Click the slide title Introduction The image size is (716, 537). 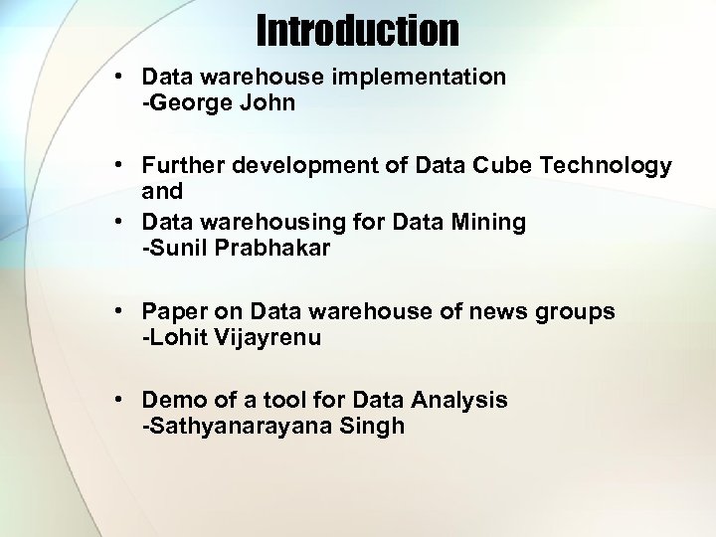click(358, 31)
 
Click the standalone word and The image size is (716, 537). click(162, 192)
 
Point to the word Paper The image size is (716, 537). click(171, 311)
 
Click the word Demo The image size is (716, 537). click(170, 400)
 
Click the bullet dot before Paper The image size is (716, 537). click(118, 311)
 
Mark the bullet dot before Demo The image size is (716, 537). click(118, 400)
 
